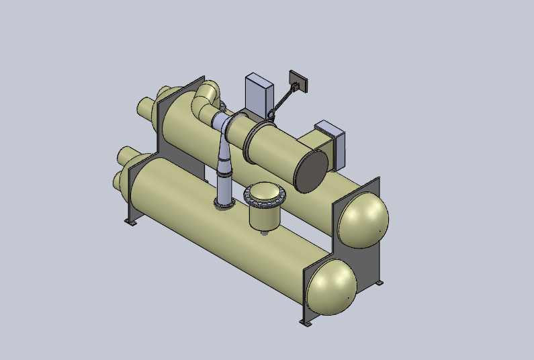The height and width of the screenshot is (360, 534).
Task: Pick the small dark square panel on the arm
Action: pyautogui.click(x=296, y=81)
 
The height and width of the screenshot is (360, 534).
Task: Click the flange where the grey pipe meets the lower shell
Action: pyautogui.click(x=224, y=203)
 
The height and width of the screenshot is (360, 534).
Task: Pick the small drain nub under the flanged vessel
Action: pyautogui.click(x=265, y=233)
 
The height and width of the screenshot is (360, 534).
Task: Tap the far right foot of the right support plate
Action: pyautogui.click(x=381, y=283)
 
